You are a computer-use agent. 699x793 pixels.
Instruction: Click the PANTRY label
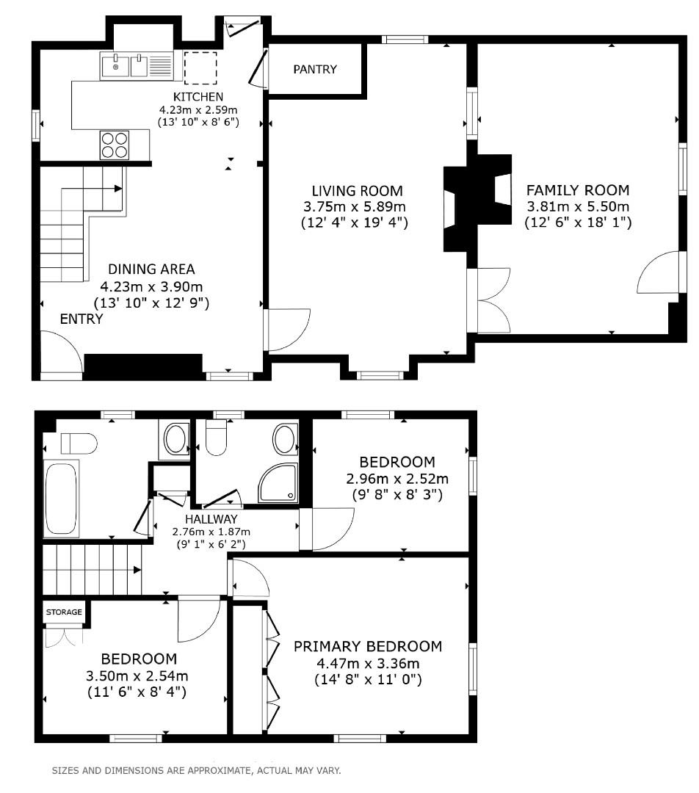click(x=315, y=70)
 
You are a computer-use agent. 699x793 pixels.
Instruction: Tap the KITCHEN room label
click(x=198, y=97)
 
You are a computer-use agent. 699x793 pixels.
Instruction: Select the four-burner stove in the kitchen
click(x=114, y=144)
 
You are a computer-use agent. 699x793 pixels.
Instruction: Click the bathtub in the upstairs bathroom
click(x=62, y=499)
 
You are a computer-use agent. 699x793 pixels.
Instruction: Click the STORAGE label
click(x=64, y=612)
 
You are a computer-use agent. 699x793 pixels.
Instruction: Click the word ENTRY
click(x=82, y=319)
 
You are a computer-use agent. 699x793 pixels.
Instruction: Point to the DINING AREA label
click(x=151, y=269)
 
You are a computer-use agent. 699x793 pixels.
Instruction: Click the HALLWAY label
click(x=211, y=519)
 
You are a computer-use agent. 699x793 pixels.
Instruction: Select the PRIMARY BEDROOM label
click(x=368, y=646)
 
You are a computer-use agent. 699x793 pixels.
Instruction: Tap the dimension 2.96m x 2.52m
click(x=397, y=479)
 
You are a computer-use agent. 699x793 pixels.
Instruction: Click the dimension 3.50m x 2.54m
click(x=139, y=676)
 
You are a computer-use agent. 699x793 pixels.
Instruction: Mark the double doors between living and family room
click(x=493, y=301)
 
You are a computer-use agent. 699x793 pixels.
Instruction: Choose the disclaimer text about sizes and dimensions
click(x=196, y=771)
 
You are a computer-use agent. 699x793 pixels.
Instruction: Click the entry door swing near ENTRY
click(x=60, y=354)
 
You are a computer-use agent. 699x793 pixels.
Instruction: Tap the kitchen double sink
click(x=123, y=66)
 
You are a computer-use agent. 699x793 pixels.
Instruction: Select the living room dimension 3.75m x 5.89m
click(x=355, y=206)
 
